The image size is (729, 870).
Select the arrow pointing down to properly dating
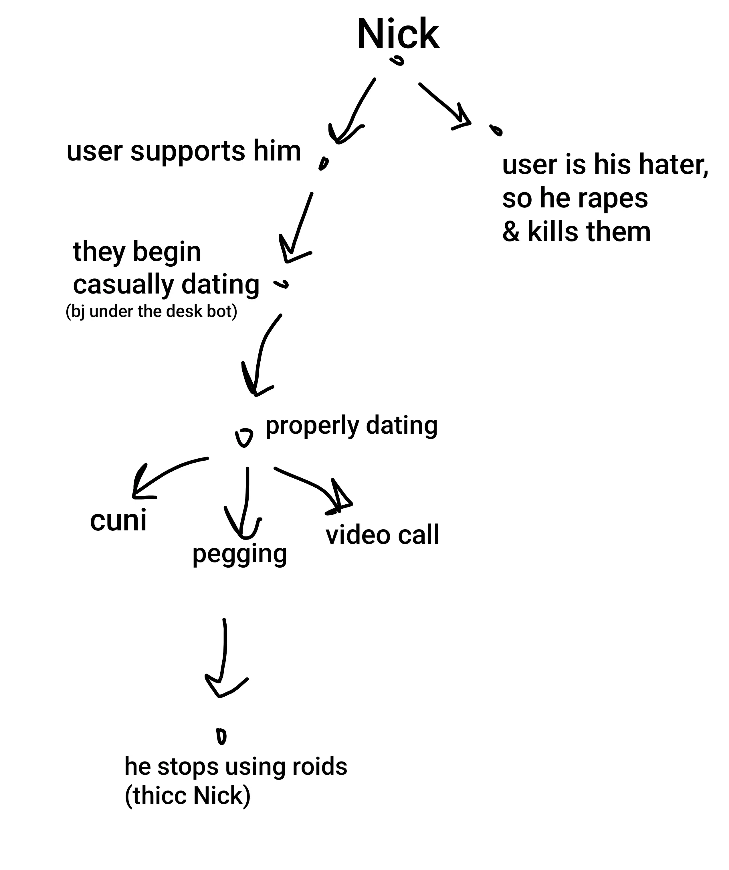coord(261,352)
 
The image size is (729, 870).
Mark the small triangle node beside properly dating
coord(244,437)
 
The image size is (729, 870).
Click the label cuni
coord(118,520)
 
